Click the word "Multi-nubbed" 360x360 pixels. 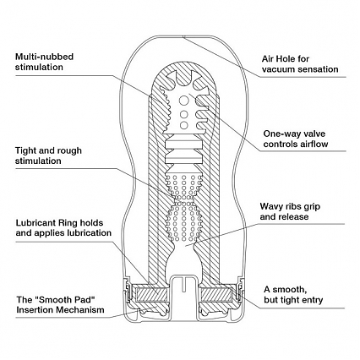pyautogui.click(x=44, y=57)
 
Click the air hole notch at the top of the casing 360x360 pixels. pyautogui.click(x=183, y=36)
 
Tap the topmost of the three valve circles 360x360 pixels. pyautogui.click(x=184, y=100)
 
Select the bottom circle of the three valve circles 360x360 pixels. pyautogui.click(x=183, y=124)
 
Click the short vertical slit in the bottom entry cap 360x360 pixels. pyautogui.click(x=183, y=284)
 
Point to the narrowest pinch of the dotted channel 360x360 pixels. pyautogui.click(x=183, y=199)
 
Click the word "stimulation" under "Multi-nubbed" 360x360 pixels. pyautogui.click(x=39, y=67)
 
